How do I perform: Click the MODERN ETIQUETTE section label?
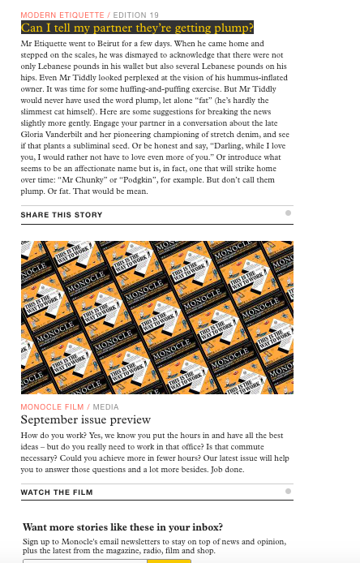pyautogui.click(x=62, y=15)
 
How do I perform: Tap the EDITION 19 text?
pyautogui.click(x=135, y=15)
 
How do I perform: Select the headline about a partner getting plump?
pyautogui.click(x=137, y=28)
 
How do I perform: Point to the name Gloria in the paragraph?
pyautogui.click(x=32, y=135)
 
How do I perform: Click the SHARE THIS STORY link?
pyautogui.click(x=62, y=215)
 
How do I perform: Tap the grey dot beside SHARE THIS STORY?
pyautogui.click(x=288, y=213)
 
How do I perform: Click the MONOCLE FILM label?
pyautogui.click(x=53, y=407)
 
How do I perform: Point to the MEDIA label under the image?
pyautogui.click(x=105, y=407)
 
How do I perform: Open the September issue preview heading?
pyautogui.click(x=86, y=419)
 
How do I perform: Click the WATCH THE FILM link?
pyautogui.click(x=57, y=492)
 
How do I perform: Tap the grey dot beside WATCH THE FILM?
pyautogui.click(x=288, y=491)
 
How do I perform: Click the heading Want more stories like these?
pyautogui.click(x=122, y=527)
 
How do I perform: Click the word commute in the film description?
pyautogui.click(x=247, y=447)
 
